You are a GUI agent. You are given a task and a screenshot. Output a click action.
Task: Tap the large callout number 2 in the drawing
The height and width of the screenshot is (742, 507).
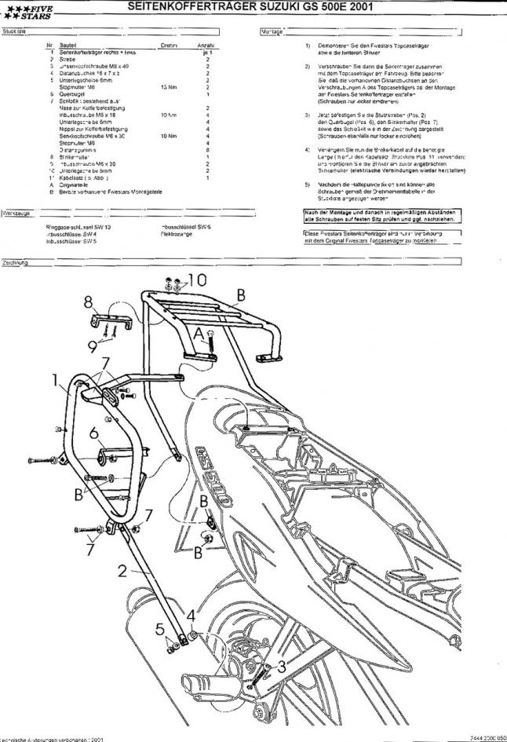point(123,571)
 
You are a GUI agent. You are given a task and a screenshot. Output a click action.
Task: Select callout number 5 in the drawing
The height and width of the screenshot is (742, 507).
point(159,628)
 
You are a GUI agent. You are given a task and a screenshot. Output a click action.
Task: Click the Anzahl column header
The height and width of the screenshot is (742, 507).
point(206,46)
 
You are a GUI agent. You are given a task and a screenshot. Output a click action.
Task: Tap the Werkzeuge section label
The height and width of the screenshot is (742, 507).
point(16,213)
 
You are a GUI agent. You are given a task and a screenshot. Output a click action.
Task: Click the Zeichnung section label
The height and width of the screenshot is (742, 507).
point(16,262)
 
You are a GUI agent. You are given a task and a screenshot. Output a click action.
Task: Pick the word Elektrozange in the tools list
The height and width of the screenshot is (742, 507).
point(176,234)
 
